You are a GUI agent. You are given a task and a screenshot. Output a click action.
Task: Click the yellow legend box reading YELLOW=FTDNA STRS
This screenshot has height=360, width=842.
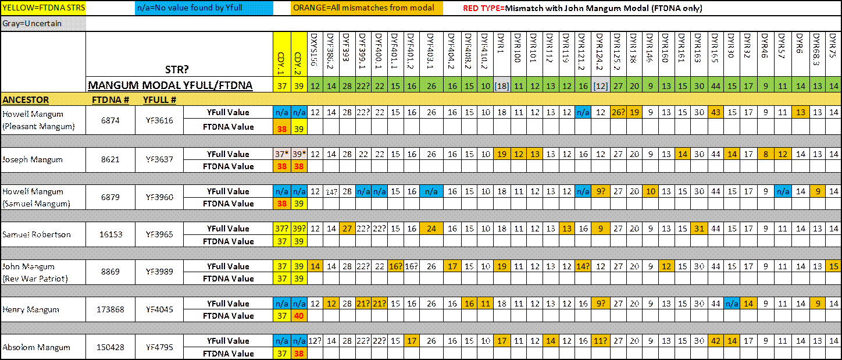pyautogui.click(x=43, y=9)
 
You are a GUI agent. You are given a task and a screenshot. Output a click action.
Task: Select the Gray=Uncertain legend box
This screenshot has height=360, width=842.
pyautogui.click(x=43, y=24)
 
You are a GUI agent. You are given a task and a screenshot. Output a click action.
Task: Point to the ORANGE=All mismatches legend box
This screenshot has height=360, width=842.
pyautogui.click(x=366, y=9)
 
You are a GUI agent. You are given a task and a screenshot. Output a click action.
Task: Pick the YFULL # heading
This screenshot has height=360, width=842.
pyautogui.click(x=160, y=100)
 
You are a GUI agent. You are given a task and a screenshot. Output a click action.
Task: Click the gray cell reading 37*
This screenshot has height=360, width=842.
pyautogui.click(x=282, y=154)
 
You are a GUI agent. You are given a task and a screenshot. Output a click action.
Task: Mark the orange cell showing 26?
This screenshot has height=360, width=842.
pyautogui.click(x=618, y=112)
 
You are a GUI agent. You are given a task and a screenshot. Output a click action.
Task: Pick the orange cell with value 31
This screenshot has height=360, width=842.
pyautogui.click(x=699, y=229)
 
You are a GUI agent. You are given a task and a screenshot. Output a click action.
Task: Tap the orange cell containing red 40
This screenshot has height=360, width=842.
pyautogui.click(x=299, y=316)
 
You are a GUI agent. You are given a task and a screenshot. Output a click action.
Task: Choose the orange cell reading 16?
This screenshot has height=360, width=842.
pyautogui.click(x=396, y=266)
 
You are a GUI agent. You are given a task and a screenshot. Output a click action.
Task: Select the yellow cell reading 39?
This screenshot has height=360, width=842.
pyautogui.click(x=299, y=229)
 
